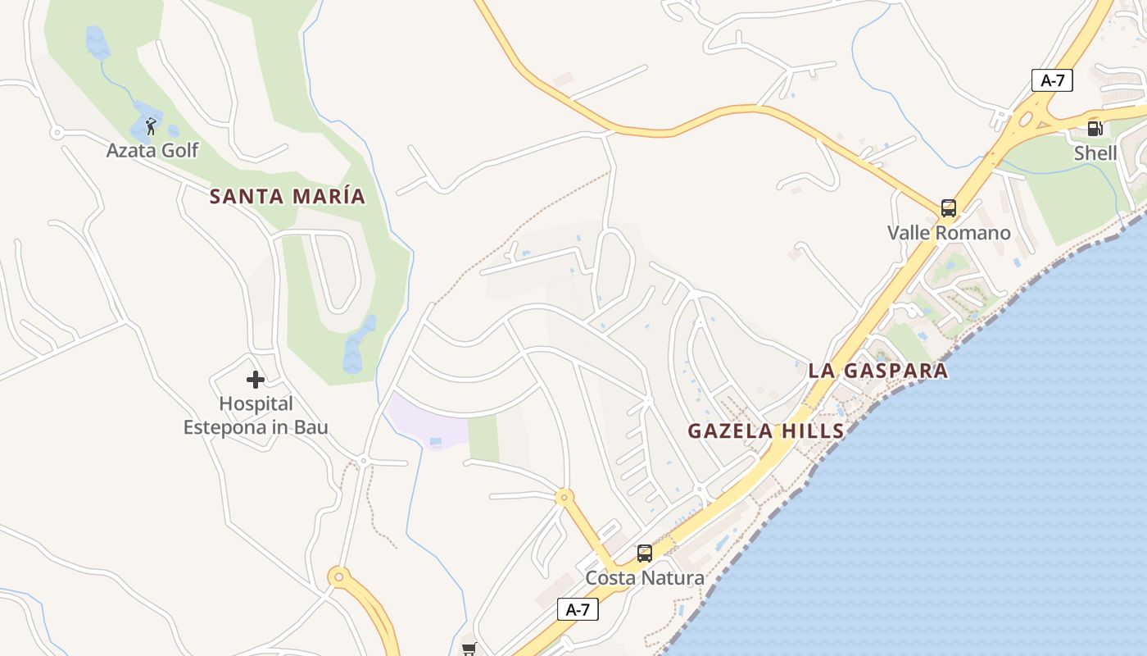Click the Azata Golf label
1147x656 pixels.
click(x=152, y=150)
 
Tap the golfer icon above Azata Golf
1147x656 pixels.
click(x=151, y=126)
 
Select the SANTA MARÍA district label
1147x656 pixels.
click(x=288, y=197)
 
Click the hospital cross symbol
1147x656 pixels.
click(x=256, y=380)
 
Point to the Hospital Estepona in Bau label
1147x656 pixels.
click(x=256, y=416)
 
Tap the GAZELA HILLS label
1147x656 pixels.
click(x=765, y=431)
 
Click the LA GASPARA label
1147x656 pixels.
click(x=877, y=371)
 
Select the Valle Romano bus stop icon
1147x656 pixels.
click(x=948, y=208)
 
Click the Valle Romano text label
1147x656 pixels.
click(x=949, y=233)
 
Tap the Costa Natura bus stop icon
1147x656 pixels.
click(x=645, y=553)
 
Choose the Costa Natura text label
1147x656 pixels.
click(x=645, y=578)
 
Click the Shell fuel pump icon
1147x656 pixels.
click(x=1095, y=129)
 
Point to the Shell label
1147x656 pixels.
click(x=1095, y=153)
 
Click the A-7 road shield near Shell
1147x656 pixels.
click(x=1052, y=80)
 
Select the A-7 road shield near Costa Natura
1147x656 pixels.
click(x=578, y=609)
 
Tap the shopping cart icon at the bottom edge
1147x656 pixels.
click(x=469, y=649)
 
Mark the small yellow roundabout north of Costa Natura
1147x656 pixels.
click(x=564, y=497)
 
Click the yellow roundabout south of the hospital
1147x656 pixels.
click(x=338, y=577)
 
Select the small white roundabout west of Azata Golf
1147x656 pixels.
click(x=57, y=131)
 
